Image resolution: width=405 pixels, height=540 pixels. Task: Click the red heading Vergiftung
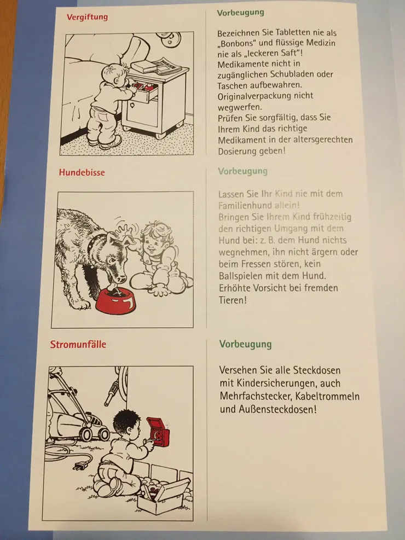[x=87, y=17]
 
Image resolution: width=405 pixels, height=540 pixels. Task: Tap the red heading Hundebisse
[x=82, y=172]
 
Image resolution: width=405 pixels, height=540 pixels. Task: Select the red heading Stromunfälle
[x=78, y=344]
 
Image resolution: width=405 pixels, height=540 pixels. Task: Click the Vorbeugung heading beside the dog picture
[x=243, y=171]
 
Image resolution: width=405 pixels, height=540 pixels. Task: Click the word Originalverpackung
[x=265, y=96]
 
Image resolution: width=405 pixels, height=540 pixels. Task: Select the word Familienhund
[x=245, y=206]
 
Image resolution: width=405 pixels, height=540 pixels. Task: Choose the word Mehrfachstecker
[x=256, y=397]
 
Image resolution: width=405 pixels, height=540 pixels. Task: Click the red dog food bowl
[x=115, y=301]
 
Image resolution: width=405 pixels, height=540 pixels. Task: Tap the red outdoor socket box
[x=158, y=432]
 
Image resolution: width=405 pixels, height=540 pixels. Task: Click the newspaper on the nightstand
[x=167, y=66]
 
